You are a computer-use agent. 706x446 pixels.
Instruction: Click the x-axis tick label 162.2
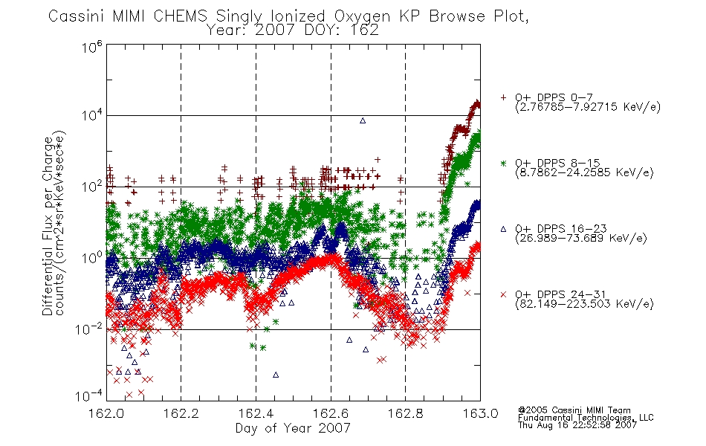(x=181, y=413)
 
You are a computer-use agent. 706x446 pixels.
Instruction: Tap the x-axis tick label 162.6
(x=331, y=413)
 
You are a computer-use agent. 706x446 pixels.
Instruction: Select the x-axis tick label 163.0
(x=480, y=413)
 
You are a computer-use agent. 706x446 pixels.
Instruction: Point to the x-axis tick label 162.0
(x=106, y=413)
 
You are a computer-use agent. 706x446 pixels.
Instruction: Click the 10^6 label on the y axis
(x=92, y=47)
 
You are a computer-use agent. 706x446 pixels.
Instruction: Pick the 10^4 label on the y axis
(x=92, y=115)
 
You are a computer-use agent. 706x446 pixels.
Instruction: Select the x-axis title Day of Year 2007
(x=293, y=428)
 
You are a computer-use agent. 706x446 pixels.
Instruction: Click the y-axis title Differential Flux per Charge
(x=48, y=226)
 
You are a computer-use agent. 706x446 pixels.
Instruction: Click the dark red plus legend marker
(x=503, y=97)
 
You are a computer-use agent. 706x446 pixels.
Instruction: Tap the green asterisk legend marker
(x=503, y=163)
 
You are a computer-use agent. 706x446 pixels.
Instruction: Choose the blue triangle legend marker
(x=503, y=229)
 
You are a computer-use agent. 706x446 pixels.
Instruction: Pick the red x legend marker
(x=503, y=294)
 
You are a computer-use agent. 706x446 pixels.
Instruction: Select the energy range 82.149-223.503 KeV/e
(x=584, y=304)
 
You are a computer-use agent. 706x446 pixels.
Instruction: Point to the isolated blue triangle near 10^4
(x=363, y=120)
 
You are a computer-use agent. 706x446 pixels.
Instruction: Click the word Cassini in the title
(x=76, y=16)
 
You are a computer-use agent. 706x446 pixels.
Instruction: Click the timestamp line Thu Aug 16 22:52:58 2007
(x=577, y=424)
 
